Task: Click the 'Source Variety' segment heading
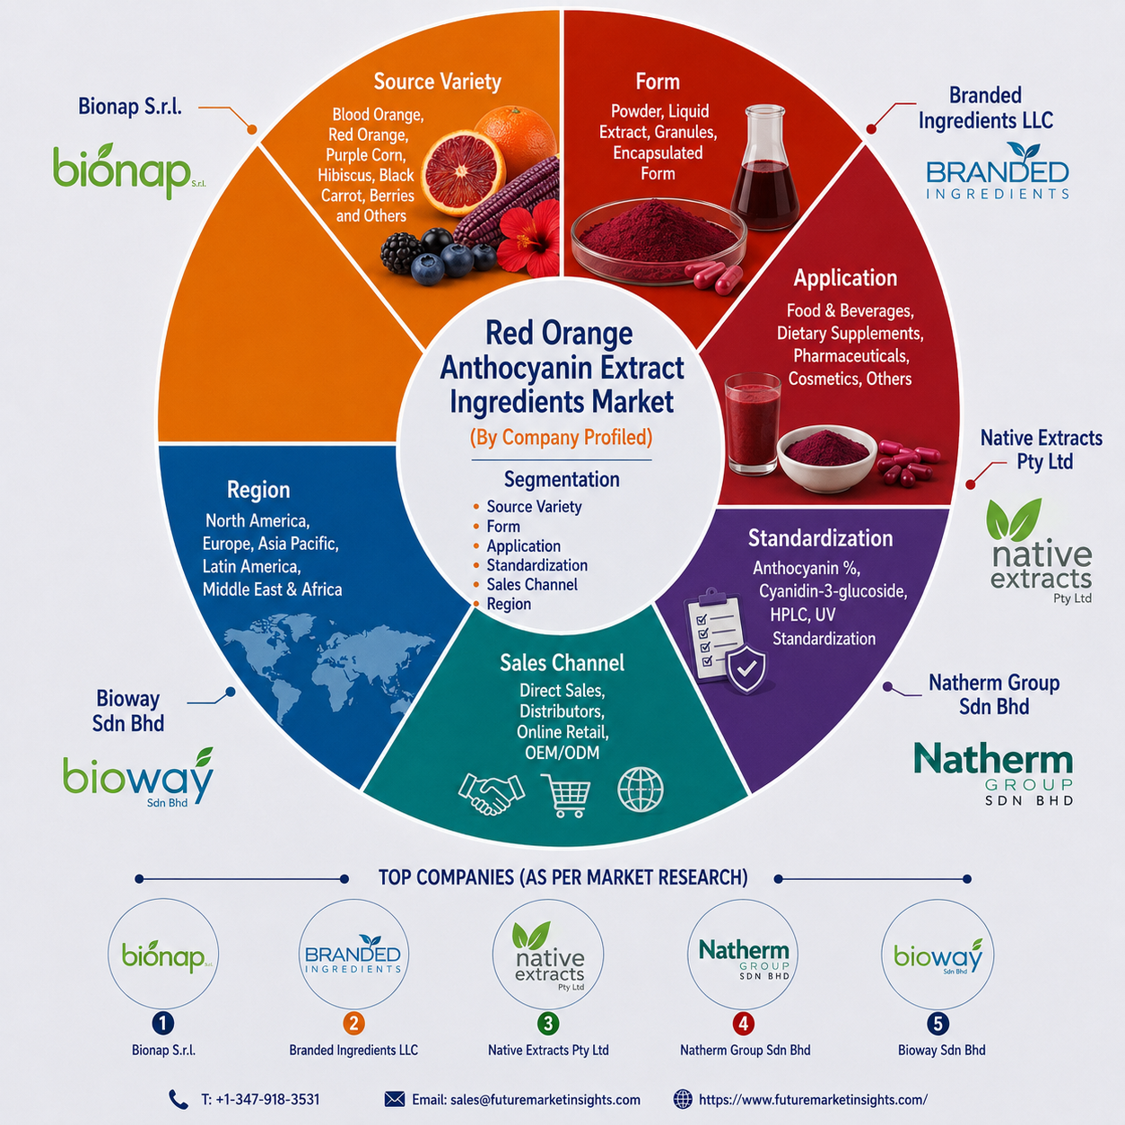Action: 437,82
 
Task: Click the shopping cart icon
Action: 565,795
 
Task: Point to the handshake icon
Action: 492,793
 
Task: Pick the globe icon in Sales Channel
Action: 641,789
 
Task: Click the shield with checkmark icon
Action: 746,669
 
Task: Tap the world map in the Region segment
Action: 328,671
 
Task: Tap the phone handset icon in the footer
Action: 178,1099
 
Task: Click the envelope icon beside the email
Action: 395,1099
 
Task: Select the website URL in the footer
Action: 813,1100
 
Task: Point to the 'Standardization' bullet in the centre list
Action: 537,565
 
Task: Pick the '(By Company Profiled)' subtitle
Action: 561,437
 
